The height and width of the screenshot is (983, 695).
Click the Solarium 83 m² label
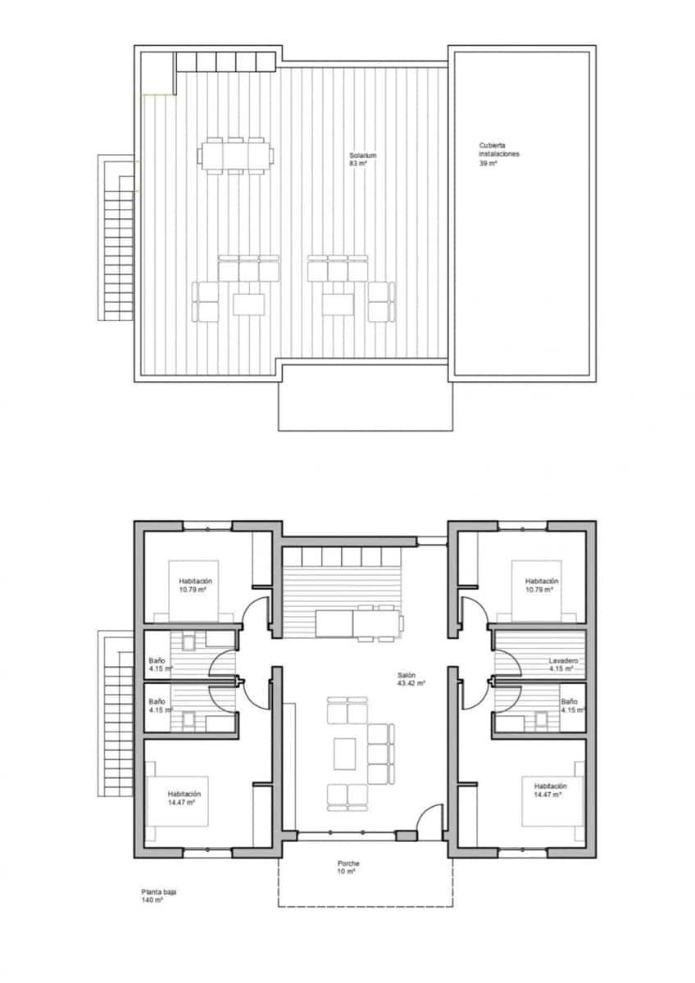coord(357,159)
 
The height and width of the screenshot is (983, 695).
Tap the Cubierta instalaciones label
coord(499,153)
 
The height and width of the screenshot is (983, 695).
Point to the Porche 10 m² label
coord(348,867)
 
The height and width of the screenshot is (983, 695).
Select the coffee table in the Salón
coord(345,752)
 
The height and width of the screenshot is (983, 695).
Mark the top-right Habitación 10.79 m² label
coord(541,585)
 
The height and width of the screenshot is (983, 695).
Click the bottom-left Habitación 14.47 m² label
coord(184,798)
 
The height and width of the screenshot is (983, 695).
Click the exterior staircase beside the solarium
coord(115,238)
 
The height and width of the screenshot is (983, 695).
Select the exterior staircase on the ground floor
coord(114,713)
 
